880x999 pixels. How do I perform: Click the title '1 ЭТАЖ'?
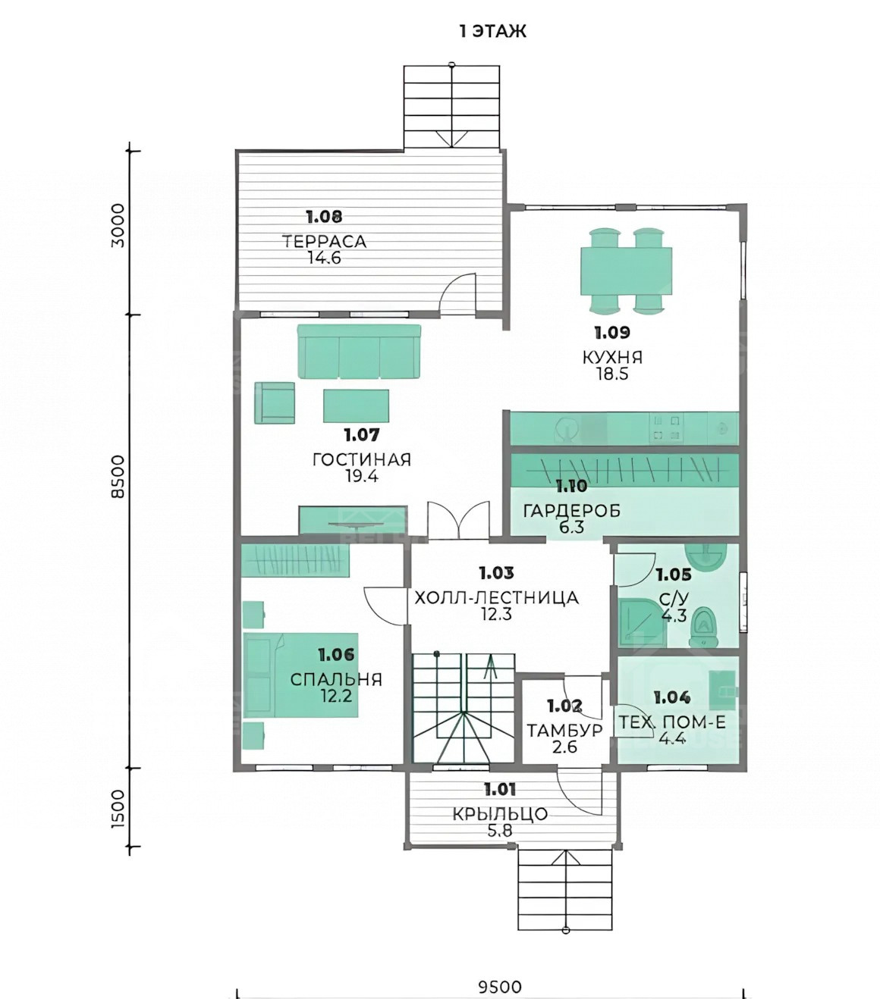492,32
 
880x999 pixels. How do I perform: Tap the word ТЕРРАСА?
324,242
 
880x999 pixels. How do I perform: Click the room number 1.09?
612,333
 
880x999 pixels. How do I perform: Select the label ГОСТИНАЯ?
362,459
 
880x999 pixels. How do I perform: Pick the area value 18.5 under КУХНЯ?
612,374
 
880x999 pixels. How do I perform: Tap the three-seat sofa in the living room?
359,351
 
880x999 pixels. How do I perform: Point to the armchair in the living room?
275,402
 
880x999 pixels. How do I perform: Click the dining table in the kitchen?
627,271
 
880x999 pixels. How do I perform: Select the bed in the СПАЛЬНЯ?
301,675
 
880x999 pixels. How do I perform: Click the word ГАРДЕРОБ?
572,510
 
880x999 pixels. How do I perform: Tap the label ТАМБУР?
564,730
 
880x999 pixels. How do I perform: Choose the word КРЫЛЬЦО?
500,814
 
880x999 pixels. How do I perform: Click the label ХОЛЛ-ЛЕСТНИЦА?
496,597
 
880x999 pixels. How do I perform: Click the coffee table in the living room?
356,406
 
